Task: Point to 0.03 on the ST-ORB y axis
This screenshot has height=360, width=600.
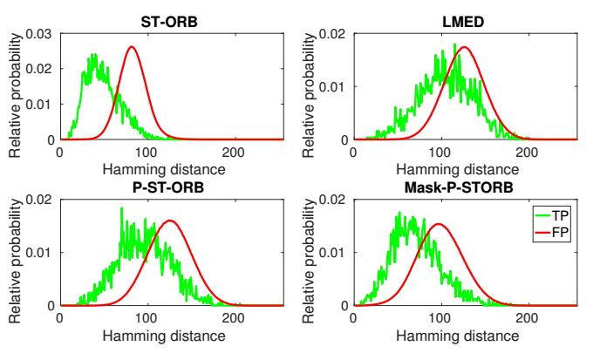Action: click(39, 34)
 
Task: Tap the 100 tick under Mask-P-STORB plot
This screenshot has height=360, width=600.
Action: click(440, 316)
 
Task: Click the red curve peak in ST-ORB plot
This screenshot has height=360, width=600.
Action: click(132, 47)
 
